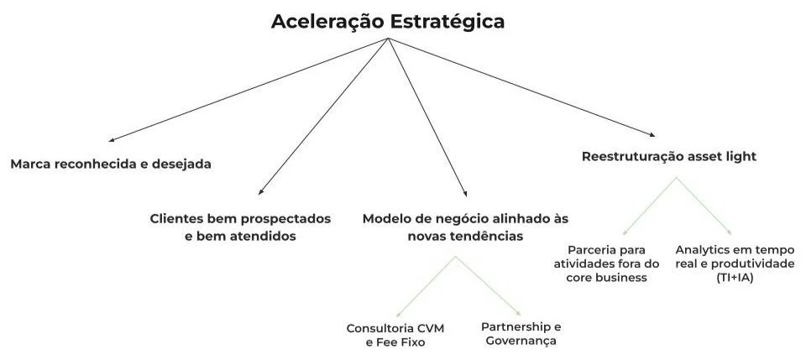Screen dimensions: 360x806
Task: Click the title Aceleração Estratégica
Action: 388,22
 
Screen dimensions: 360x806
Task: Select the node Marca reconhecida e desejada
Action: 110,164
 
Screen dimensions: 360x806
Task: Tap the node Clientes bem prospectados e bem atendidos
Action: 239,227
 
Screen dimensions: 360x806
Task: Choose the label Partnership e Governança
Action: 521,333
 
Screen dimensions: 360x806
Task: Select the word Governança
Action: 521,341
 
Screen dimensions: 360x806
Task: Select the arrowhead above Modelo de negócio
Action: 463,194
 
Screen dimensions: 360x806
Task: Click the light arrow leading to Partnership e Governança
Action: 489,284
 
